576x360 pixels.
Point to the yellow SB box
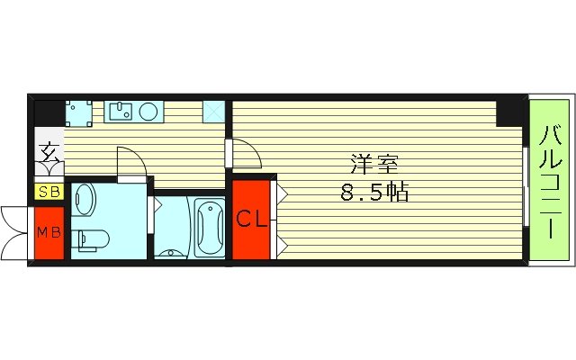click(x=48, y=192)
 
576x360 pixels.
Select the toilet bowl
click(x=92, y=239)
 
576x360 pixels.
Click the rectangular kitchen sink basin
click(x=121, y=111)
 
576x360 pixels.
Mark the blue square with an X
click(x=215, y=111)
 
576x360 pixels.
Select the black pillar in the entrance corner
click(x=49, y=112)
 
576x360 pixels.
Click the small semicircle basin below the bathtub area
click(x=171, y=252)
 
